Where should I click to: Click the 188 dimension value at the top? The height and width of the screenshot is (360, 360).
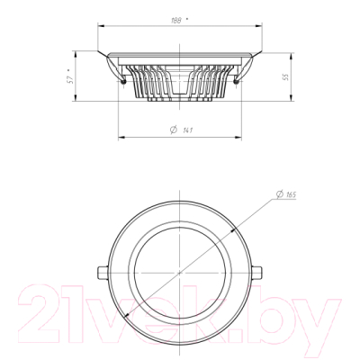click(176, 21)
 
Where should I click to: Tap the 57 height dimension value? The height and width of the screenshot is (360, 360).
click(70, 79)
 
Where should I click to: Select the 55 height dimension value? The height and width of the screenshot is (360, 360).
click(286, 76)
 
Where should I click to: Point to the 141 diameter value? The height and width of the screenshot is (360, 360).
click(188, 130)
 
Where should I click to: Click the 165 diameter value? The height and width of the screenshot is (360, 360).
click(291, 194)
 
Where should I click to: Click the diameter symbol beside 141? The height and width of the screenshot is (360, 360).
click(174, 130)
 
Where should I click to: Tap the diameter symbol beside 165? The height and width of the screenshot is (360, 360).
click(279, 194)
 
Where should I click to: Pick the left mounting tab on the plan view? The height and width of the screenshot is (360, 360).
click(103, 273)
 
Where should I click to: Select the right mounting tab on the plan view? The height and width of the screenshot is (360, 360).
click(256, 273)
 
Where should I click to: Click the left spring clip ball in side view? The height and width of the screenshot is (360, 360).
click(122, 81)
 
